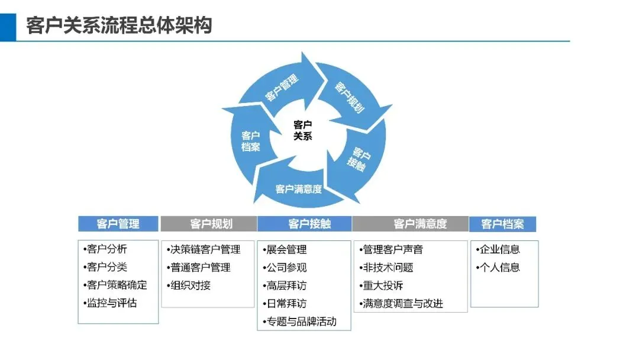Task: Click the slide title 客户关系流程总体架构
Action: tap(119, 25)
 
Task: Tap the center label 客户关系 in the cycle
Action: tap(302, 130)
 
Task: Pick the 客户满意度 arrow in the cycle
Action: tap(299, 189)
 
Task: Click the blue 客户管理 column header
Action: tap(118, 224)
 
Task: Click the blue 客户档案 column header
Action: tap(502, 224)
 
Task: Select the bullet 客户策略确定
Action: tap(117, 285)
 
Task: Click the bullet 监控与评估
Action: tap(111, 303)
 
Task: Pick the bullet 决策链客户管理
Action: tap(205, 249)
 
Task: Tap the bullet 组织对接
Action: tap(190, 285)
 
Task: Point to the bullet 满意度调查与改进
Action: tap(403, 304)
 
